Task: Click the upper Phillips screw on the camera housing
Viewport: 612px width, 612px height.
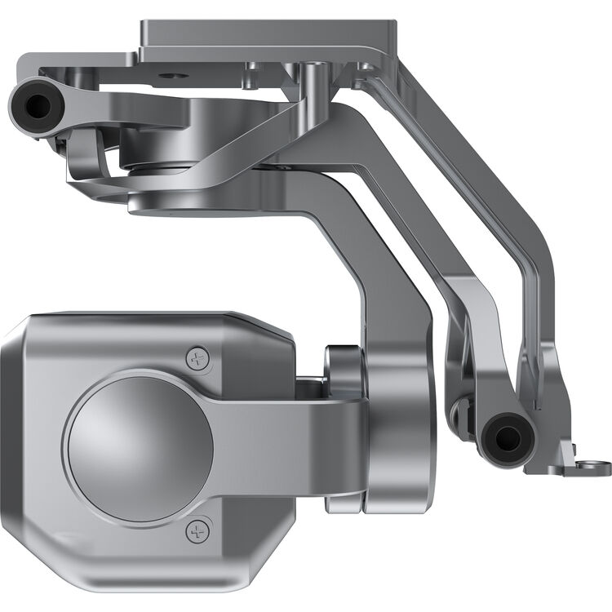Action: pos(197,357)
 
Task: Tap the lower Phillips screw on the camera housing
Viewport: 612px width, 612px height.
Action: pos(197,532)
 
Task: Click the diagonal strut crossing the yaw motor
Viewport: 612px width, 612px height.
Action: pos(245,139)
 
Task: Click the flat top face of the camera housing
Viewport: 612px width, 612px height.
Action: pos(147,322)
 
